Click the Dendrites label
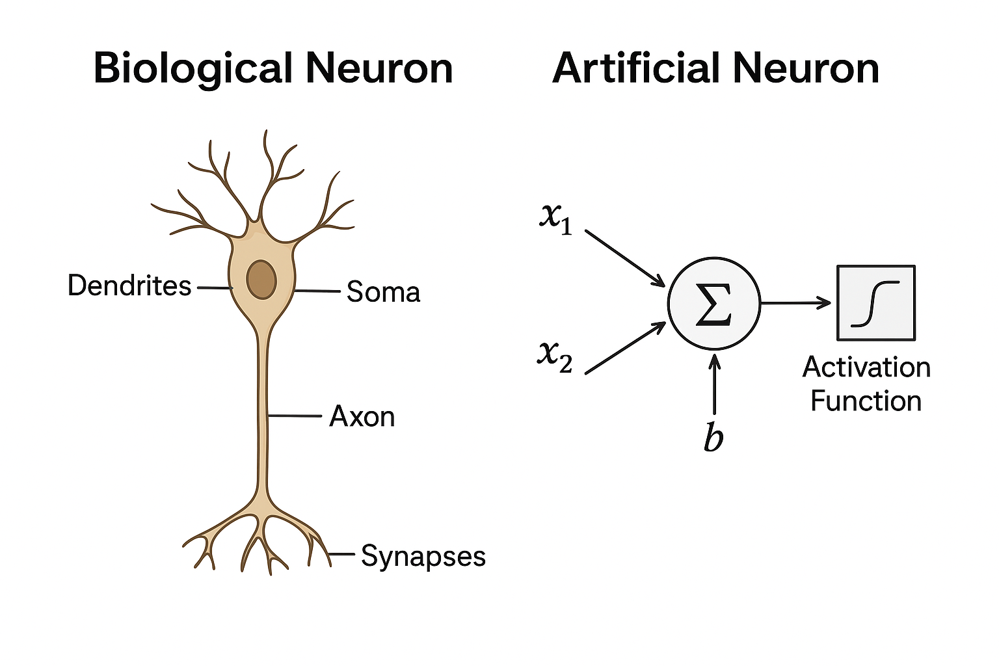coord(129,286)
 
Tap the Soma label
coord(383,292)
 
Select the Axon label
coord(362,416)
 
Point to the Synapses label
coord(423,557)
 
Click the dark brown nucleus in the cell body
coord(261,279)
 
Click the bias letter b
coord(713,437)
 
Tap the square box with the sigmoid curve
coord(875,303)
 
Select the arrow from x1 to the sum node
coord(624,258)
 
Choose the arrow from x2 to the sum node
coord(624,348)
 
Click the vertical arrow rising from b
coord(714,384)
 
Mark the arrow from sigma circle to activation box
coord(796,303)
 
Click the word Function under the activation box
coord(866,401)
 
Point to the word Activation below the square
coord(866,367)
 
